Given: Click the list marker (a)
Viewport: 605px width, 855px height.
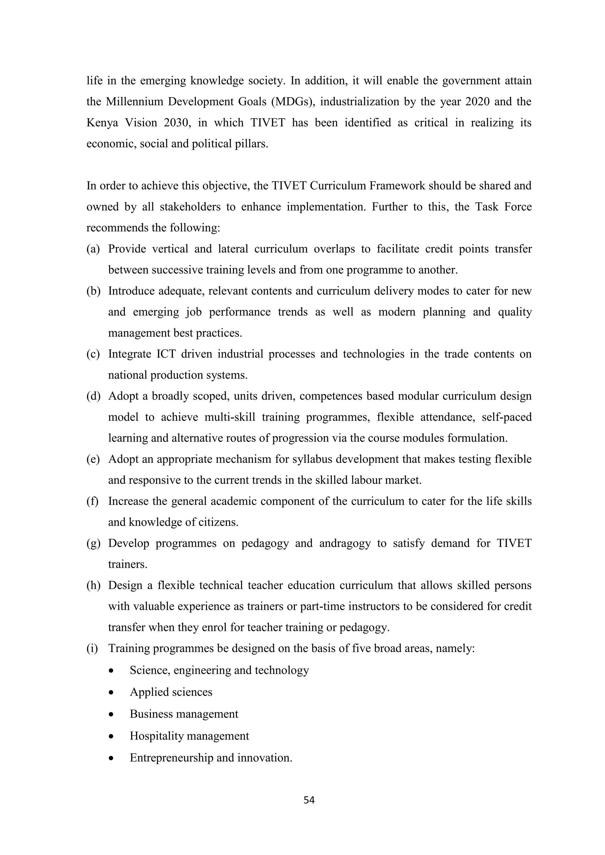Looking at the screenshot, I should (93, 249).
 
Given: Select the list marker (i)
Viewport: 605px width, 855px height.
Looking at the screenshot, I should (92, 648).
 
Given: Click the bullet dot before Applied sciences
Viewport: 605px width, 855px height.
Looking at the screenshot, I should (111, 693).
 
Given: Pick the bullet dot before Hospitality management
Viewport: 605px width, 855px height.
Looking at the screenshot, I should (111, 737).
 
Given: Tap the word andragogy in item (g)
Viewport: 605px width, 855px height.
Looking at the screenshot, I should (345, 543).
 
